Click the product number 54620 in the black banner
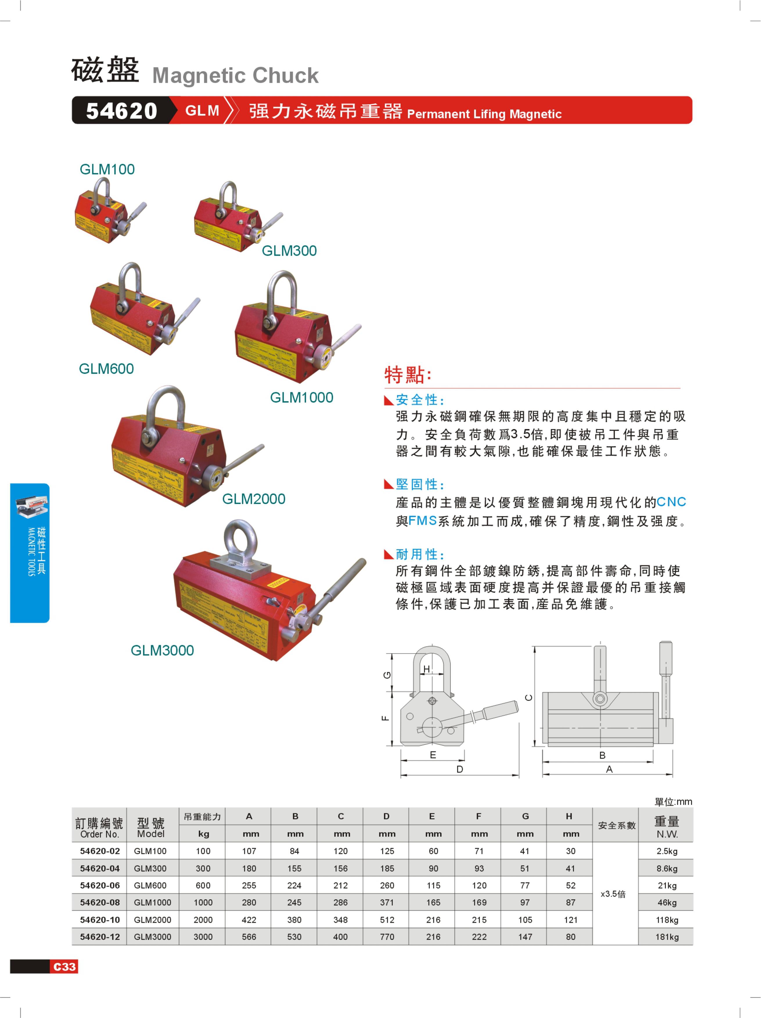tap(122, 111)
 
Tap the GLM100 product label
tap(107, 169)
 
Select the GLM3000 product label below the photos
tap(162, 650)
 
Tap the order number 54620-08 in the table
tap(100, 903)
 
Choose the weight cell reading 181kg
tap(667, 936)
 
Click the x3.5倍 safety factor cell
tap(613, 894)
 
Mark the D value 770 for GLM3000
tap(387, 936)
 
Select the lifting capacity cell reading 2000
tap(203, 920)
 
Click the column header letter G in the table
tap(525, 816)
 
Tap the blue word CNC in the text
tap(671, 502)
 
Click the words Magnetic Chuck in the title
tap(235, 75)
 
